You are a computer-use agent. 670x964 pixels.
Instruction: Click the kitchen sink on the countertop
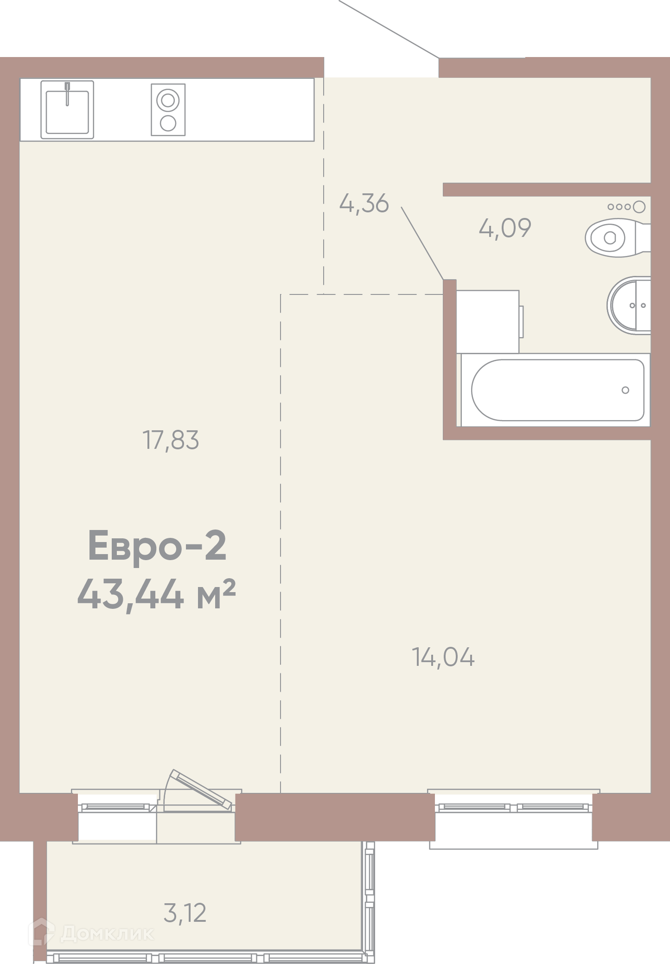pyautogui.click(x=67, y=109)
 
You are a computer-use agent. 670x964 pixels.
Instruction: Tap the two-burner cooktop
pyautogui.click(x=168, y=110)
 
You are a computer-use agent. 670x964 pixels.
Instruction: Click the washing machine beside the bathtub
pyautogui.click(x=490, y=321)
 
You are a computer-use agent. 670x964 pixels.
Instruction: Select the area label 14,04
pyautogui.click(x=443, y=657)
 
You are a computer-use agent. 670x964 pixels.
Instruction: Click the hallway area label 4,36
pyautogui.click(x=364, y=203)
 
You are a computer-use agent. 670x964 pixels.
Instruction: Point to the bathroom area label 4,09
pyautogui.click(x=505, y=228)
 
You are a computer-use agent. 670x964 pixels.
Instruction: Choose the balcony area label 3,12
pyautogui.click(x=185, y=913)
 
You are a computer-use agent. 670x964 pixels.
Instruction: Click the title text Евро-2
pyautogui.click(x=157, y=546)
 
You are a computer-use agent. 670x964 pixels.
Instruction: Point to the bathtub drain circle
pyautogui.click(x=625, y=390)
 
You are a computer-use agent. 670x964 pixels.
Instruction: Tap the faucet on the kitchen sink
pyautogui.click(x=67, y=94)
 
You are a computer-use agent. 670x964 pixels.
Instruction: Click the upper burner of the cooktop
pyautogui.click(x=168, y=100)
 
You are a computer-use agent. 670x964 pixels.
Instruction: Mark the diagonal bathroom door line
pyautogui.click(x=422, y=243)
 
